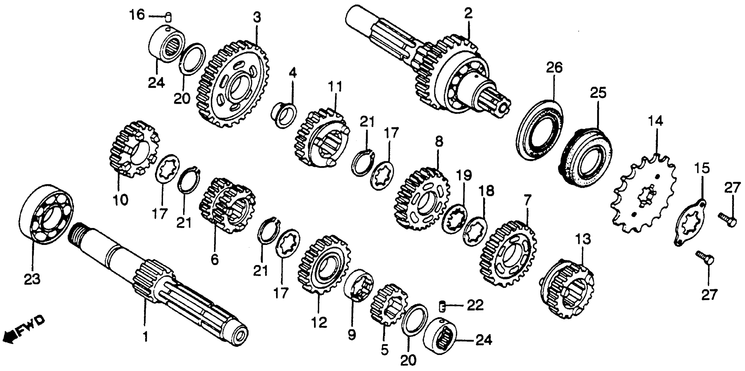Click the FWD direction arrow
coord(25,329)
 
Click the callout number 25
coord(598,93)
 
